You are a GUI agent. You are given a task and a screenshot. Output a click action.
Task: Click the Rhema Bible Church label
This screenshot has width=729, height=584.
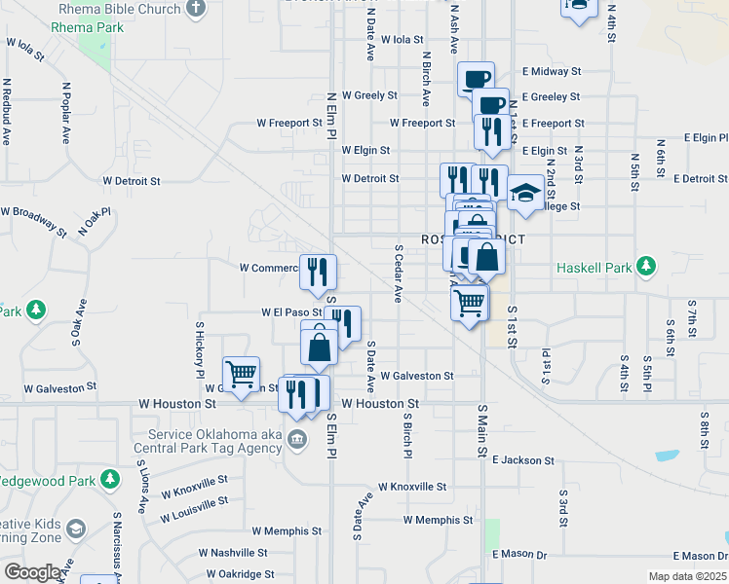point(119,9)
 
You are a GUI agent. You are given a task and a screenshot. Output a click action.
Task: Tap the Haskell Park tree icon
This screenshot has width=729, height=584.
point(644,267)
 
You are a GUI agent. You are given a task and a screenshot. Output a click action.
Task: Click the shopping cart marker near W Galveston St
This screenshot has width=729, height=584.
point(241,374)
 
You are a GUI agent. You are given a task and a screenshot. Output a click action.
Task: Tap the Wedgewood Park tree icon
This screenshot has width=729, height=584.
point(111,481)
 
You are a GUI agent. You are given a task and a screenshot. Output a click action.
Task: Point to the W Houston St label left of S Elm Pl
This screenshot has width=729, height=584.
point(176,403)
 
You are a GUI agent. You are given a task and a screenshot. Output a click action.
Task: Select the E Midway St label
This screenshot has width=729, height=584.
point(551,72)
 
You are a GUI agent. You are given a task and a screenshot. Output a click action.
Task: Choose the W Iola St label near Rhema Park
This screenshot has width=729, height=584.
point(25,49)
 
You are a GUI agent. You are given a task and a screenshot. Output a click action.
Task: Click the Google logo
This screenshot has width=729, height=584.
point(32,572)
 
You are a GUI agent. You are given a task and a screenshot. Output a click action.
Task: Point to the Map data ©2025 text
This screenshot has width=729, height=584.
point(688,576)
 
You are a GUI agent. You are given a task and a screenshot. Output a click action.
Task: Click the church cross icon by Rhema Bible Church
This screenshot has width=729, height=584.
point(196,9)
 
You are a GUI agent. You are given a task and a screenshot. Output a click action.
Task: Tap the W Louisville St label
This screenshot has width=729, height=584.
point(195,507)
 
